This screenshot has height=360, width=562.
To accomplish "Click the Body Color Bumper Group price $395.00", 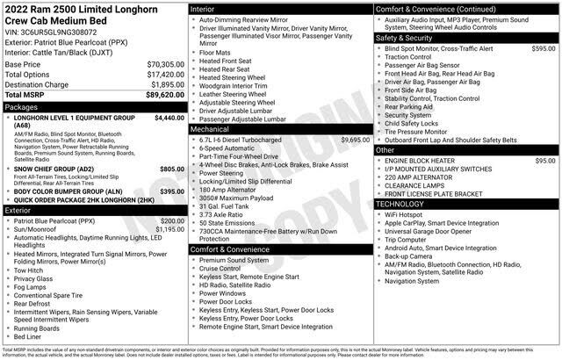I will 172,191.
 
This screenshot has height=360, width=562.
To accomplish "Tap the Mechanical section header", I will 213,128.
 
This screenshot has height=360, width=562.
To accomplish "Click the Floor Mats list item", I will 215,52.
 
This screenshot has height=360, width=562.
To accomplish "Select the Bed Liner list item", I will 28,336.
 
